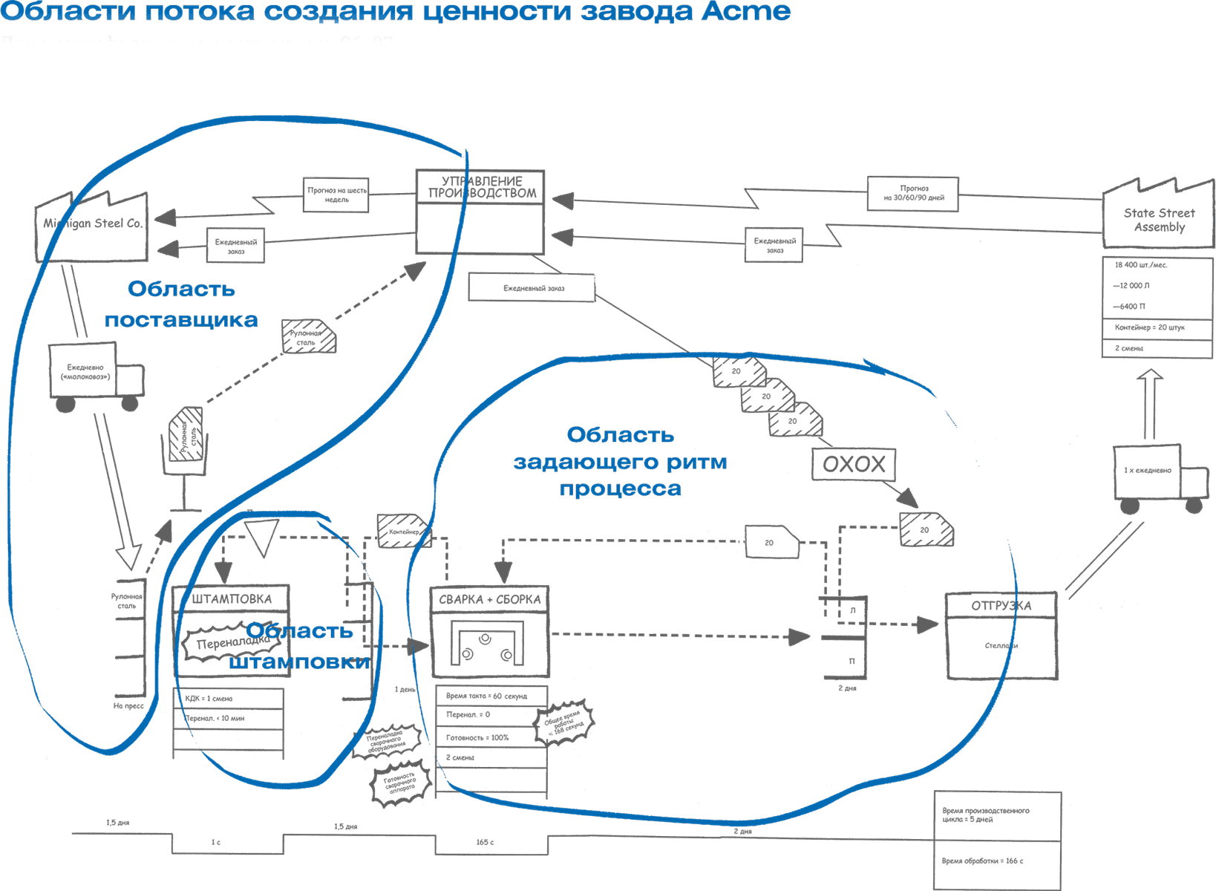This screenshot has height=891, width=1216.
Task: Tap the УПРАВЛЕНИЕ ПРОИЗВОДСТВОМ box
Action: pos(481,211)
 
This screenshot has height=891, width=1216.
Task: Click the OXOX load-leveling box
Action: pos(854,465)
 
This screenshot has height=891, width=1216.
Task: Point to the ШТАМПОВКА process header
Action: pos(231,599)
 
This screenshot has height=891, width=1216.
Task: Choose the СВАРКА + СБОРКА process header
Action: pos(489,599)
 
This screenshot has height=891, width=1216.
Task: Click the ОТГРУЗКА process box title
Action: pos(1001,605)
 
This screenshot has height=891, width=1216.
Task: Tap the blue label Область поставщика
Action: pos(181,304)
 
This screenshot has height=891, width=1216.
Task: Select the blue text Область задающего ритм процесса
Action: pos(620,461)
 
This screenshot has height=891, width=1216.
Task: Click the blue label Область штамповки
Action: pos(300,646)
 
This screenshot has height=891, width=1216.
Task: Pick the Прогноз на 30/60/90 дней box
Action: pos(913,193)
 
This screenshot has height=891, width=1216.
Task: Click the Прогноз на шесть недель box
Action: pos(336,195)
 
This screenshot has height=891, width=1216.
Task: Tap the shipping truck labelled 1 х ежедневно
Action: pos(1155,475)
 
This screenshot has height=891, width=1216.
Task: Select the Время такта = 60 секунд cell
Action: pos(490,696)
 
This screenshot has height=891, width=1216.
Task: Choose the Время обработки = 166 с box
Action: pos(996,861)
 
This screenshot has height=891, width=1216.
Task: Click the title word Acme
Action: pos(747,12)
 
